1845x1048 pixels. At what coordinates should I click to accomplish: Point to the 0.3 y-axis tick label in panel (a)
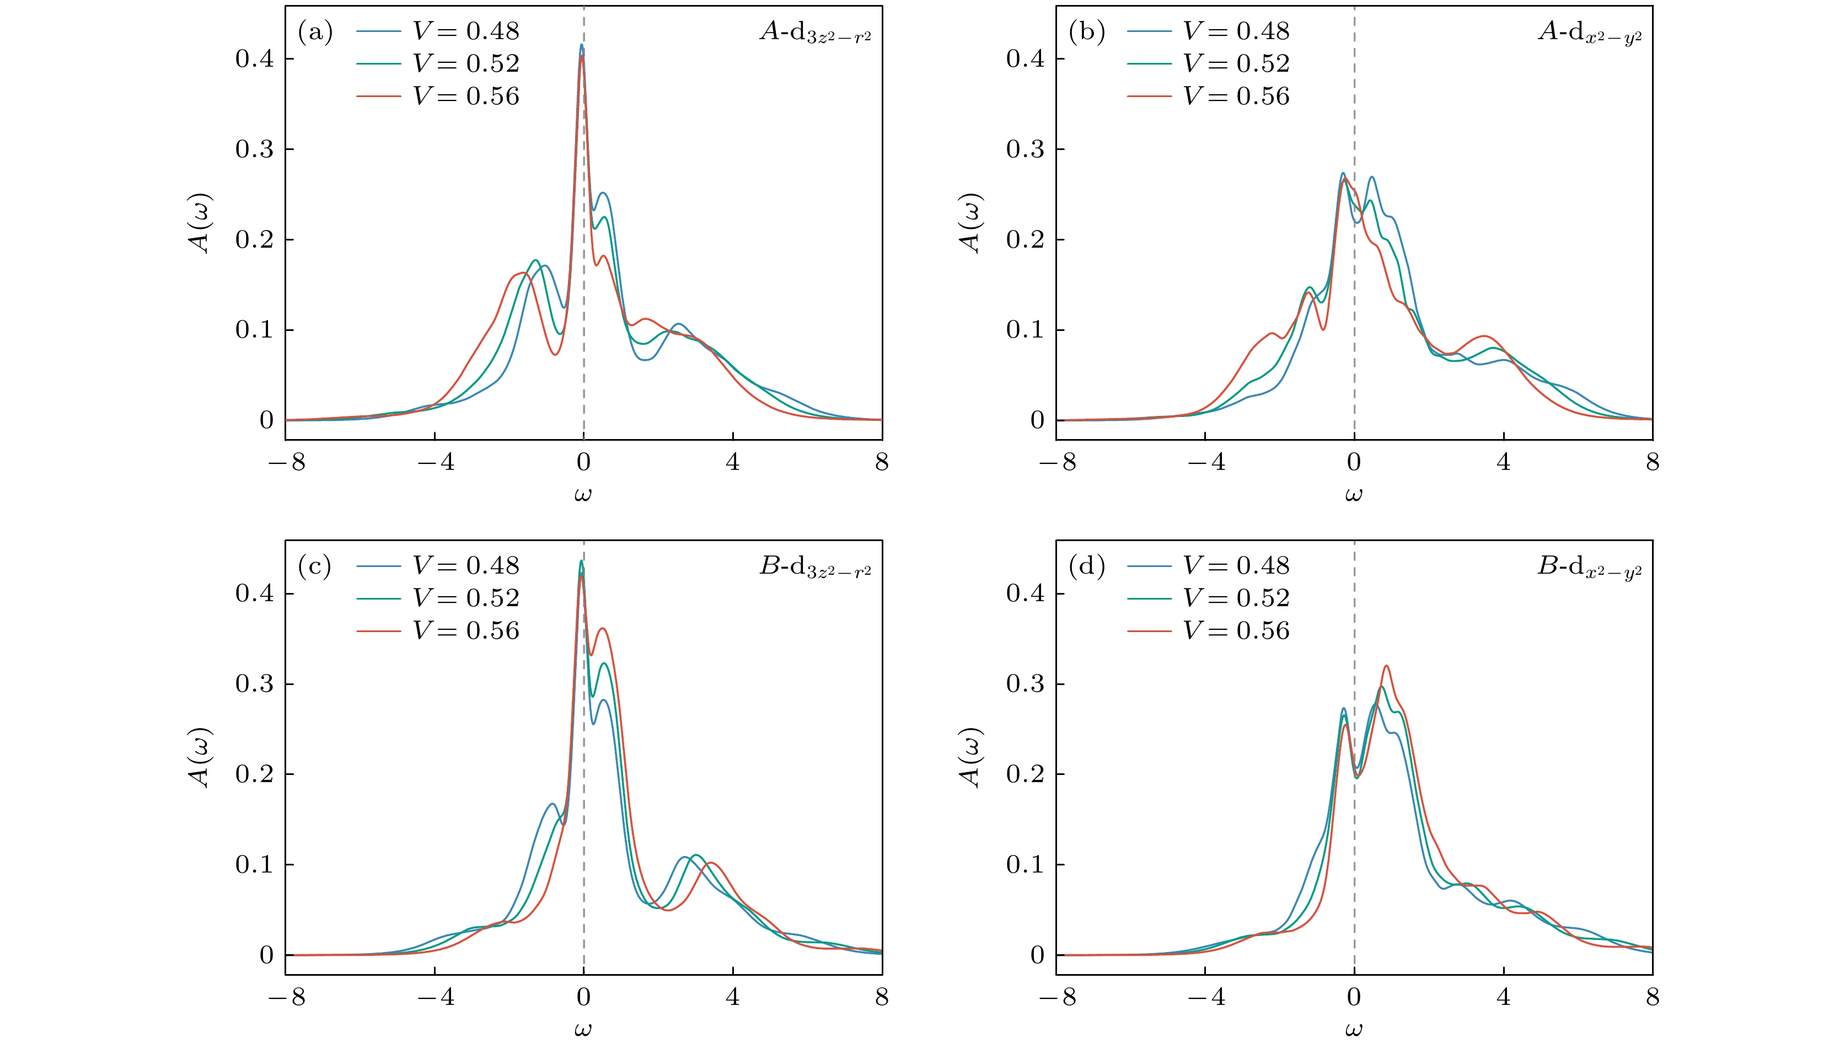[255, 149]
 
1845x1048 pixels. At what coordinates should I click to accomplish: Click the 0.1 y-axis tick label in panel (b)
[1026, 330]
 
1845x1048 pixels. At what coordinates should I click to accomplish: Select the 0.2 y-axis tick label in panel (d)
[1026, 774]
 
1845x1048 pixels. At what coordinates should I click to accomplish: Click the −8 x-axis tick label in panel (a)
[286, 462]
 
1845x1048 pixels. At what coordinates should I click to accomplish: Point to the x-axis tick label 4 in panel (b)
[1503, 462]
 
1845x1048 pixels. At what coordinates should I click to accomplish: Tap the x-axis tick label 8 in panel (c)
[882, 997]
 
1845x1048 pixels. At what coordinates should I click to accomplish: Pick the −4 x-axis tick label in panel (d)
[1205, 997]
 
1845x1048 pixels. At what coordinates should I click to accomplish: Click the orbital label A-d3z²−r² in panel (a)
[816, 33]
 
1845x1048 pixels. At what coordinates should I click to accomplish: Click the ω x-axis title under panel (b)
[1354, 494]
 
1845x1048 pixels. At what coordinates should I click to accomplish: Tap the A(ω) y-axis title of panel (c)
[199, 758]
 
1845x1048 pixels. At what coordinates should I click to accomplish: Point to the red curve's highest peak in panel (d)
[1386, 666]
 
